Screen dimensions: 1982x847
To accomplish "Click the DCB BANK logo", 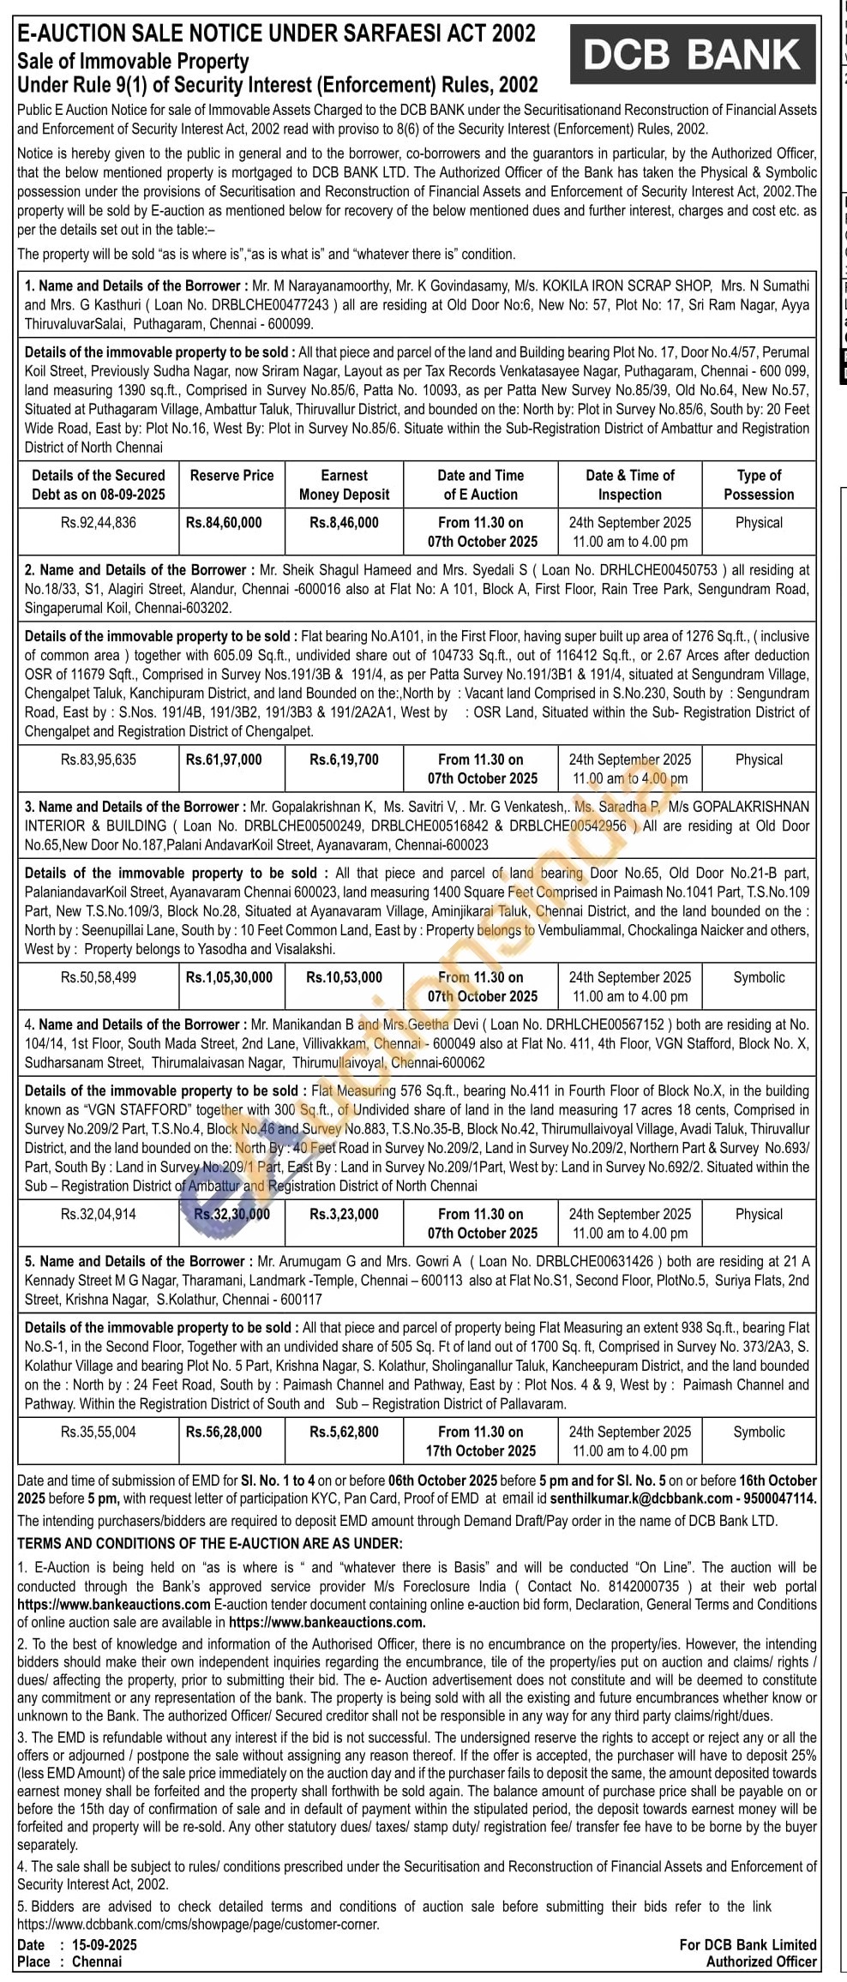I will click(692, 55).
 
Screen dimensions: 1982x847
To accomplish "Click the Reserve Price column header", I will click(231, 475).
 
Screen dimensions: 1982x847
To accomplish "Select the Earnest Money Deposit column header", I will click(344, 484).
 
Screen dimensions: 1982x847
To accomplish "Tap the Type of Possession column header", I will click(759, 484).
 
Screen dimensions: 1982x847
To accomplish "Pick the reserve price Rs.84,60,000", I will click(224, 522).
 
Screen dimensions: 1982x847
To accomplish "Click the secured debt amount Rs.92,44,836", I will click(99, 522).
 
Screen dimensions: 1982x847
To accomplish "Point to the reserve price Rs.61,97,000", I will click(224, 760).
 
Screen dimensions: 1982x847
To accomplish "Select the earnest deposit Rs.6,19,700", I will click(344, 760).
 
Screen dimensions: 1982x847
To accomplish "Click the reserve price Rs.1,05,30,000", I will click(229, 977).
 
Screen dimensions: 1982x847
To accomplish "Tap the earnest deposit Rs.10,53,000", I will click(344, 977).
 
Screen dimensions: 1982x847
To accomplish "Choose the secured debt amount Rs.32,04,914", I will click(99, 1214).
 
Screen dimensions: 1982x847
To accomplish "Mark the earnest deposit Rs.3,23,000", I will click(344, 1214).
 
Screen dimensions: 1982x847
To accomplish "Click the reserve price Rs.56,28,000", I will click(224, 1432).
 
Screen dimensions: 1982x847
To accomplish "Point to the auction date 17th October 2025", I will click(481, 1450).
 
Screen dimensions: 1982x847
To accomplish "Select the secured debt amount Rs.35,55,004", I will click(99, 1432).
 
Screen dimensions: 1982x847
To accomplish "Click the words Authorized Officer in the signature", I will click(761, 1961).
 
